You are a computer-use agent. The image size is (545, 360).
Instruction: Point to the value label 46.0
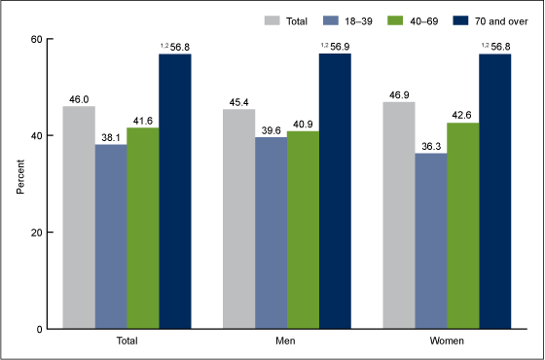[79, 98]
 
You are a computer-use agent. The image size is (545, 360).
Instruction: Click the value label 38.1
[111, 136]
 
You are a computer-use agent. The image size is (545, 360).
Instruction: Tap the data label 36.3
[430, 145]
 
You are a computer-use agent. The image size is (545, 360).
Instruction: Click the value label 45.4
[238, 101]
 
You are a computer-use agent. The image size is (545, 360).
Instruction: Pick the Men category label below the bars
[286, 342]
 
